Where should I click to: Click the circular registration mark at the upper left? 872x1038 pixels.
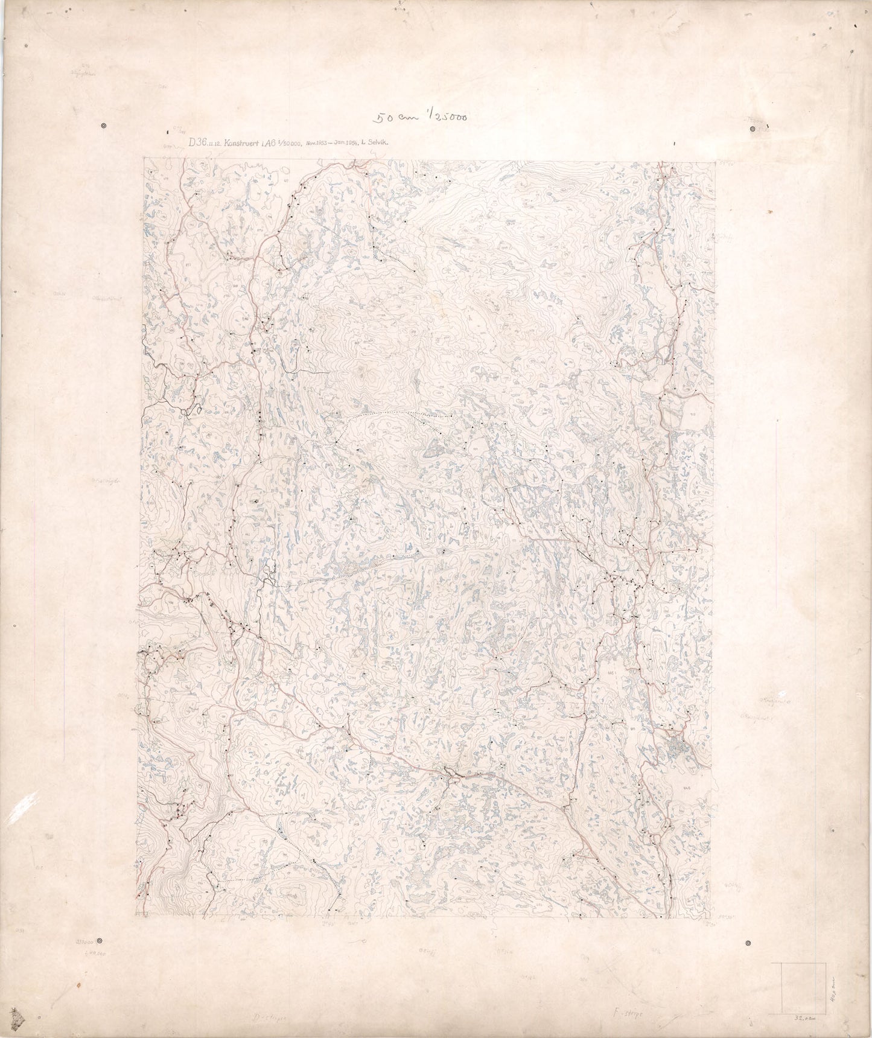[105, 126]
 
